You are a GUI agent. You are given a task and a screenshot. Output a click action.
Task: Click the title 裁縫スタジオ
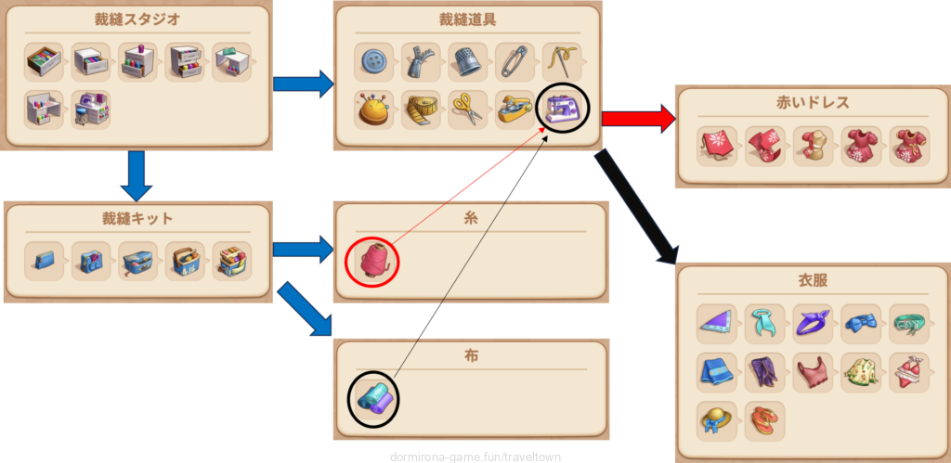click(x=137, y=19)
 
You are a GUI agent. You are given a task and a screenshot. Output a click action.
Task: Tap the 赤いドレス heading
click(x=812, y=103)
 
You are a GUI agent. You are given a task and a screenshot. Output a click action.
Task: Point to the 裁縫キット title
click(x=137, y=219)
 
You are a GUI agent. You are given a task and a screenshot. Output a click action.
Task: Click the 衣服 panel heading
click(x=812, y=279)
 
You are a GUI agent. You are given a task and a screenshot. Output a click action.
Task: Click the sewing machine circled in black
click(x=562, y=110)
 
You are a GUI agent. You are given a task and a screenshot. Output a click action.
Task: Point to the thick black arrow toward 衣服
click(x=638, y=206)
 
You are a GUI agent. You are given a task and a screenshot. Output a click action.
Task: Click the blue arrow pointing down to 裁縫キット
click(x=137, y=176)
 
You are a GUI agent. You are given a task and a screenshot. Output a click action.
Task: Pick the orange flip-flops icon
click(x=764, y=420)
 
